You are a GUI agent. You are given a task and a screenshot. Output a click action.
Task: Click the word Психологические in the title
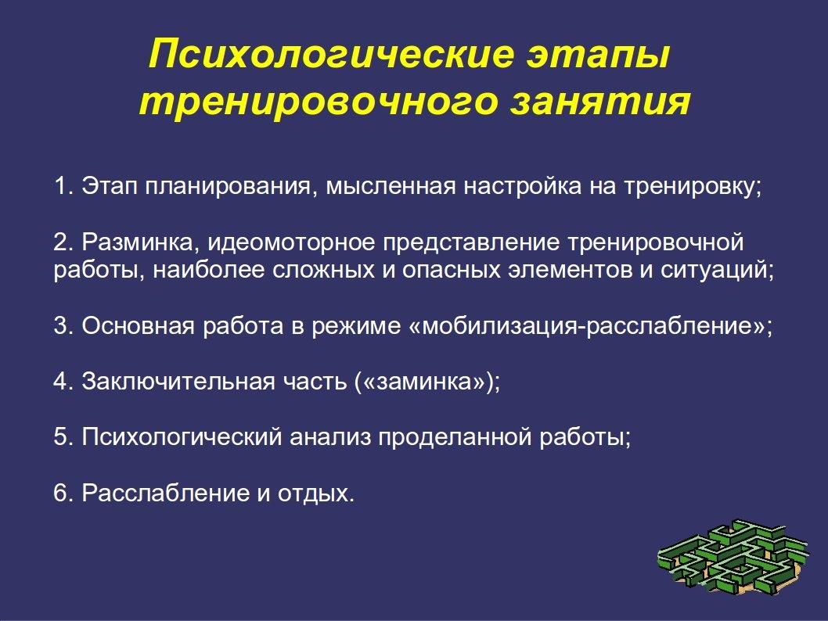330,54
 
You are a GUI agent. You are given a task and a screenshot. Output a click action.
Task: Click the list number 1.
63,186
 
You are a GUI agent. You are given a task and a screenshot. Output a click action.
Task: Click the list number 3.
63,326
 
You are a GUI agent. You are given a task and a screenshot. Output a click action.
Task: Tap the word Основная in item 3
139,326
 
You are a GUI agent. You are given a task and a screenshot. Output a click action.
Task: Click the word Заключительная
178,382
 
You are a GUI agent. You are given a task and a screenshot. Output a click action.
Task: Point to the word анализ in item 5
330,437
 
